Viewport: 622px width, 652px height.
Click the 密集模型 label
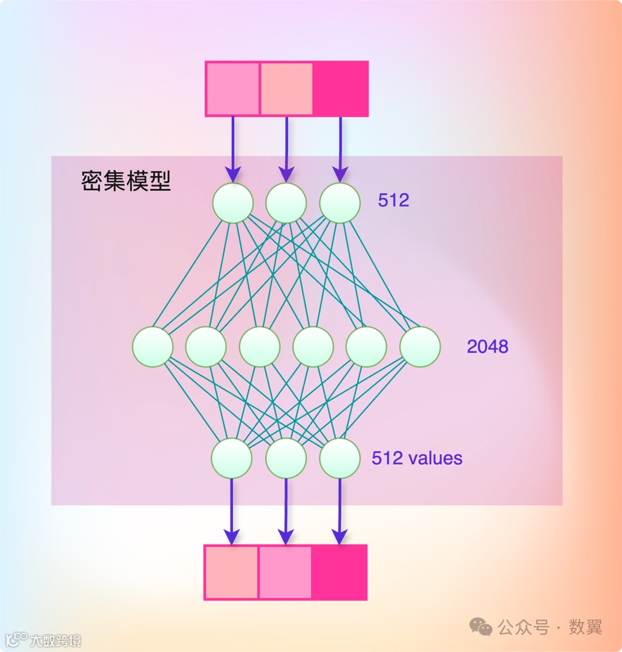126,181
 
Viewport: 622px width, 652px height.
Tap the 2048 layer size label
488,346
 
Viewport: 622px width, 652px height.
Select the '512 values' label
417,458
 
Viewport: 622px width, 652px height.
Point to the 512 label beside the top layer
393,200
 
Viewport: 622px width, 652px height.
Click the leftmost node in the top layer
232,203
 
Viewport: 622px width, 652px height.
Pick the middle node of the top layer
286,203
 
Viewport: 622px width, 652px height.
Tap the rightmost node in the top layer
340,203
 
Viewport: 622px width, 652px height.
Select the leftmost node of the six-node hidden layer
152,347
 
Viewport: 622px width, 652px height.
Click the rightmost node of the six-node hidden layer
420,347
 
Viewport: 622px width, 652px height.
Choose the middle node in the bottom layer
286,458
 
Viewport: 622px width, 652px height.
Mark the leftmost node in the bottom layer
232,458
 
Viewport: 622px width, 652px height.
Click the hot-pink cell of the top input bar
340,89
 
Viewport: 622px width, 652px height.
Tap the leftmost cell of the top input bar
233,89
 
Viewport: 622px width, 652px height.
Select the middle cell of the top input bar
286,89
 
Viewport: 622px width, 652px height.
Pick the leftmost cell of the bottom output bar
232,572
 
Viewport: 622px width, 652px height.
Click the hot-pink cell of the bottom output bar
339,572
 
